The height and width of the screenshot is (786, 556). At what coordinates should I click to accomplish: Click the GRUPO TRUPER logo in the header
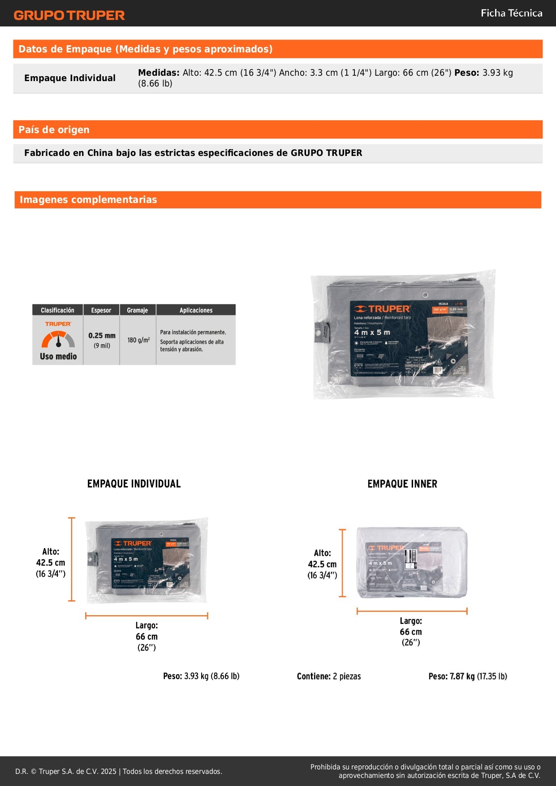(x=69, y=15)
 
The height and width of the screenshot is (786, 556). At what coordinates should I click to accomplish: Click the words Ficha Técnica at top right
(x=511, y=13)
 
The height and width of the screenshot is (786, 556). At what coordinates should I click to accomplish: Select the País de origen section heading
(x=54, y=130)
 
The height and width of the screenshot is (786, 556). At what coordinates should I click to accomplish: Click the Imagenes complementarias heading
(x=88, y=199)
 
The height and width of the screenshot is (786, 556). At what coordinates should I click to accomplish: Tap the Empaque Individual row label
(x=70, y=78)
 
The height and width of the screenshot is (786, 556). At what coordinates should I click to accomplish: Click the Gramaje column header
(x=137, y=310)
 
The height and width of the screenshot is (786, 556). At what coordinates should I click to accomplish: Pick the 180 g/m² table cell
(x=138, y=340)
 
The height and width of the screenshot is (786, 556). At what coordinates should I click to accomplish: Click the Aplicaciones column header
(x=196, y=310)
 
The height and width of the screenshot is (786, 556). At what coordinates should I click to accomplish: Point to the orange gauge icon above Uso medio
(x=58, y=340)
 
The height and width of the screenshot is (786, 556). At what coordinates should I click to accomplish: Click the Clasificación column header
(x=57, y=310)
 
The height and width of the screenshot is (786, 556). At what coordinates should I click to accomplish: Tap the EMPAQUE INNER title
(x=402, y=484)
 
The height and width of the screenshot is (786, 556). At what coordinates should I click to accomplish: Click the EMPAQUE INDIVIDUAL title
(x=134, y=484)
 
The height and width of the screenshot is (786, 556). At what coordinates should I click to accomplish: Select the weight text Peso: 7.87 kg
(x=467, y=676)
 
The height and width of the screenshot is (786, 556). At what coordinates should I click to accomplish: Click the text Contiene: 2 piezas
(x=328, y=676)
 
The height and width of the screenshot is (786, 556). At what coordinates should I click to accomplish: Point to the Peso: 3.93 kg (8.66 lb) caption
(x=201, y=676)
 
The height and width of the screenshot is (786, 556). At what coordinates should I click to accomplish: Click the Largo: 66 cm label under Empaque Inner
(x=411, y=631)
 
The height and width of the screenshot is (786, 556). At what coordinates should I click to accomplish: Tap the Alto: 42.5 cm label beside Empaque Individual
(x=51, y=562)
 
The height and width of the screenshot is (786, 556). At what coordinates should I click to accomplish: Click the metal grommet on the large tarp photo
(x=425, y=295)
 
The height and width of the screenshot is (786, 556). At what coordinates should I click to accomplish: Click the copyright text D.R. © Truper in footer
(x=119, y=771)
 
